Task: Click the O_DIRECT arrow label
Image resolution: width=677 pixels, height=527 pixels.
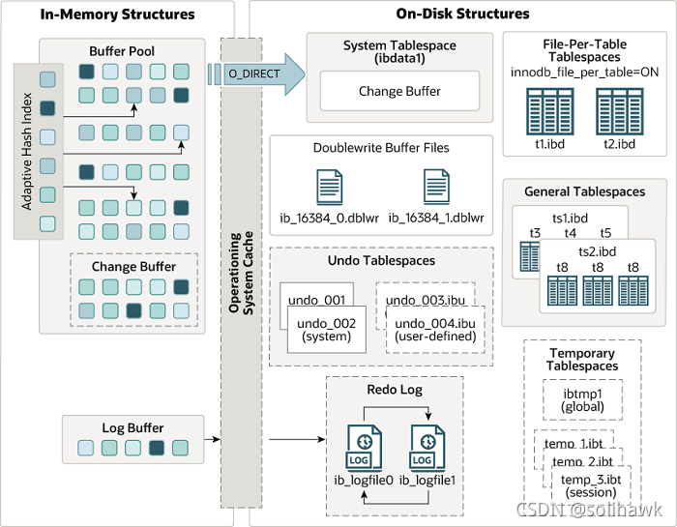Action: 253,73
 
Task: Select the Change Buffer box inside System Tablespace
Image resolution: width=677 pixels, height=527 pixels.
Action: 399,91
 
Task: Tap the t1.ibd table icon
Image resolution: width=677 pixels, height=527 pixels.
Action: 550,111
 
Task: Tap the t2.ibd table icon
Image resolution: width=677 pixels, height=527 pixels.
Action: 620,111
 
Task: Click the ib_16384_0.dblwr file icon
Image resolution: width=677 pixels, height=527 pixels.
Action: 330,187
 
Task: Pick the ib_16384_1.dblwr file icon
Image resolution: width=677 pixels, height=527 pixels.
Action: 436,187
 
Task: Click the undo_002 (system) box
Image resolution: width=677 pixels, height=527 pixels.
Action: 327,330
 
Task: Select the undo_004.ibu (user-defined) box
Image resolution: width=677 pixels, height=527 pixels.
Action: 435,330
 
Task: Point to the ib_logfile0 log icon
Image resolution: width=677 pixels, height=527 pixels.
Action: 364,448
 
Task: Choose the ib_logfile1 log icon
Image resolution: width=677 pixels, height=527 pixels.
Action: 427,448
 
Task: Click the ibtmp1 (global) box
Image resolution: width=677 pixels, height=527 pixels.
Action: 582,400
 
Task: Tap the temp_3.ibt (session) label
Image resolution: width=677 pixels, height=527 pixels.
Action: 591,486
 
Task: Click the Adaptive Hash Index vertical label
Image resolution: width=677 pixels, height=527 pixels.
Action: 27,152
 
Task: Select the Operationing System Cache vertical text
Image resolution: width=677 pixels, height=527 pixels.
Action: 242,273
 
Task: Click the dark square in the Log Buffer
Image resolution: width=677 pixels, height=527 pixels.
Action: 157,448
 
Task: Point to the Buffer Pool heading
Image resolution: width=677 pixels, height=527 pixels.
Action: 122,51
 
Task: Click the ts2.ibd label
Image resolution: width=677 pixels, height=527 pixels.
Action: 597,251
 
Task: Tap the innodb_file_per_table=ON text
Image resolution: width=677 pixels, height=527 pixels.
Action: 584,73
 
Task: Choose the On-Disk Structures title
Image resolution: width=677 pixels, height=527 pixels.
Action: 462,14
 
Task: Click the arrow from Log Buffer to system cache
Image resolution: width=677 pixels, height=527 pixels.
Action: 213,439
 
